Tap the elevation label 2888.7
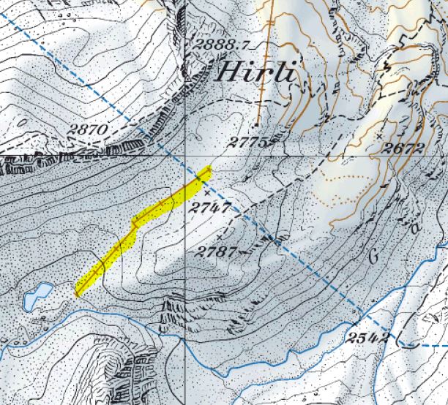click(223, 45)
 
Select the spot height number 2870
click(89, 130)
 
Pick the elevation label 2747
click(210, 208)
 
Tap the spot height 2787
click(217, 253)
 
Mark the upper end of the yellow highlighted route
click(209, 171)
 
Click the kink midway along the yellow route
click(135, 224)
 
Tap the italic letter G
click(374, 256)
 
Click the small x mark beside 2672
click(380, 137)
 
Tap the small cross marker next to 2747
click(206, 192)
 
